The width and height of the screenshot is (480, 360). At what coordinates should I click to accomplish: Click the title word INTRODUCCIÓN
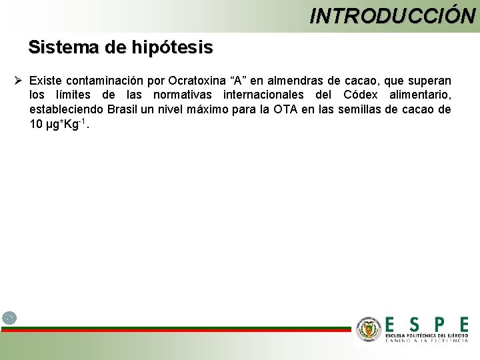coord(392,15)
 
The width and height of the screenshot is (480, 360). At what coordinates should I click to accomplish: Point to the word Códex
coord(360,95)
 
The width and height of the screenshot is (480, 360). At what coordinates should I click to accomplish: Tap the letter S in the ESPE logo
coord(415,325)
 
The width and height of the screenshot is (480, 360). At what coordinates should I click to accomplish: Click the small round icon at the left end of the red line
coord(9,318)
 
